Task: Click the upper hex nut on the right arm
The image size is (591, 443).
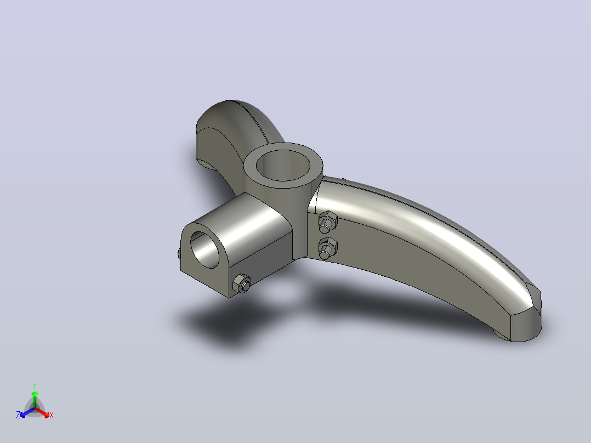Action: (327, 222)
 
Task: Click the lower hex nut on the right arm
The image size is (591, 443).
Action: (327, 248)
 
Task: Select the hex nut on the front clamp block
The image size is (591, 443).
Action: (242, 283)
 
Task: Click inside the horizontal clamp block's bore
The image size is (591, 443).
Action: (204, 249)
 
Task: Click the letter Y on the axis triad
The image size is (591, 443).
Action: (35, 385)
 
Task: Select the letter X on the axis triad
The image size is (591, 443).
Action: (52, 415)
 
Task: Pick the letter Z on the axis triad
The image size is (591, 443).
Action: (18, 415)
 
